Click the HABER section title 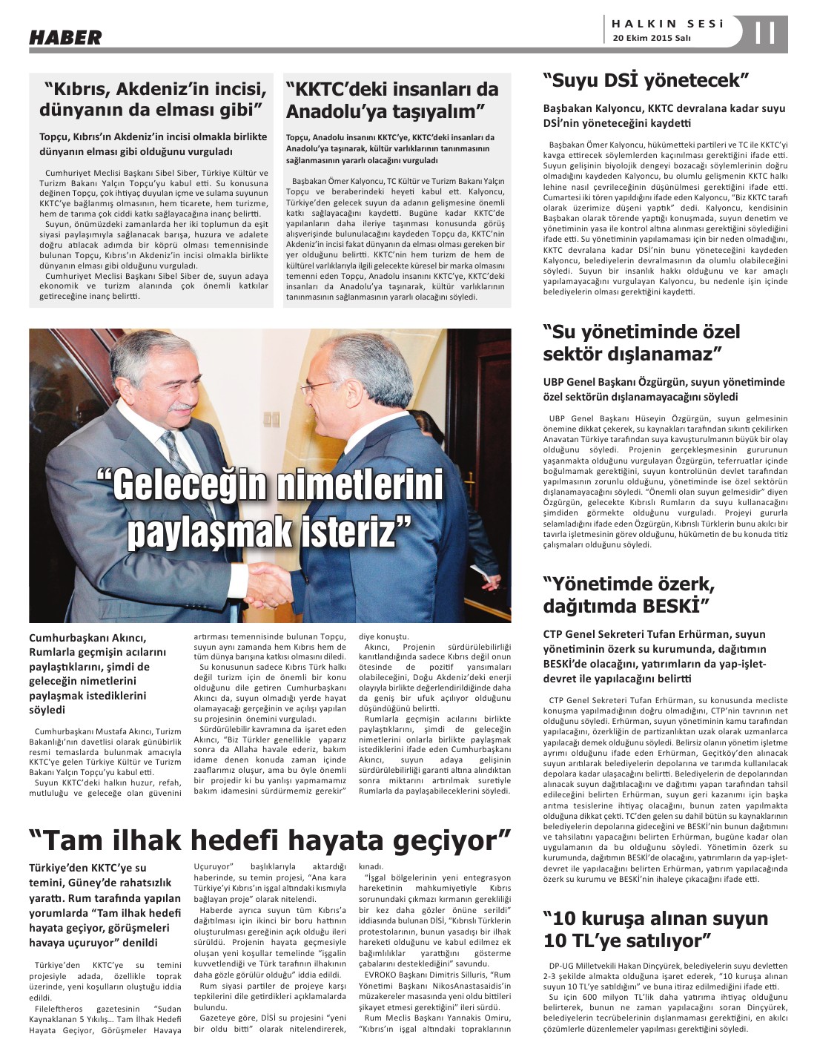65,36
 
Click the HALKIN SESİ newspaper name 666,23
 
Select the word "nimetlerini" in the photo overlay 359,485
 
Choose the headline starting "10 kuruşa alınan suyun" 655,929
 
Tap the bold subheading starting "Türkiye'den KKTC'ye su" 87,868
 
